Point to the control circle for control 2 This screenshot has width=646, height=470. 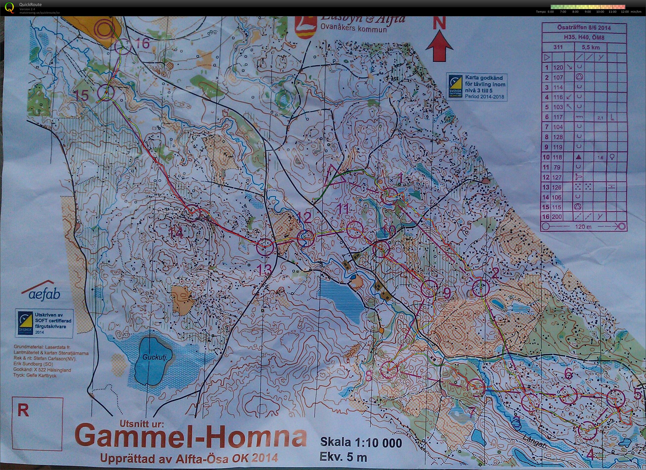(481, 288)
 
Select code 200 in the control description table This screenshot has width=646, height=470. (557, 217)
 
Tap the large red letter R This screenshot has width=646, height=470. (23, 411)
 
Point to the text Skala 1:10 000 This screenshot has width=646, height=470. (361, 442)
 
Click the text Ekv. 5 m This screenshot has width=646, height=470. (343, 457)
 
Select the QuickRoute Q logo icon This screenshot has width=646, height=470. (9, 7)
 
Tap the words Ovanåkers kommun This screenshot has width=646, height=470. (353, 29)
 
